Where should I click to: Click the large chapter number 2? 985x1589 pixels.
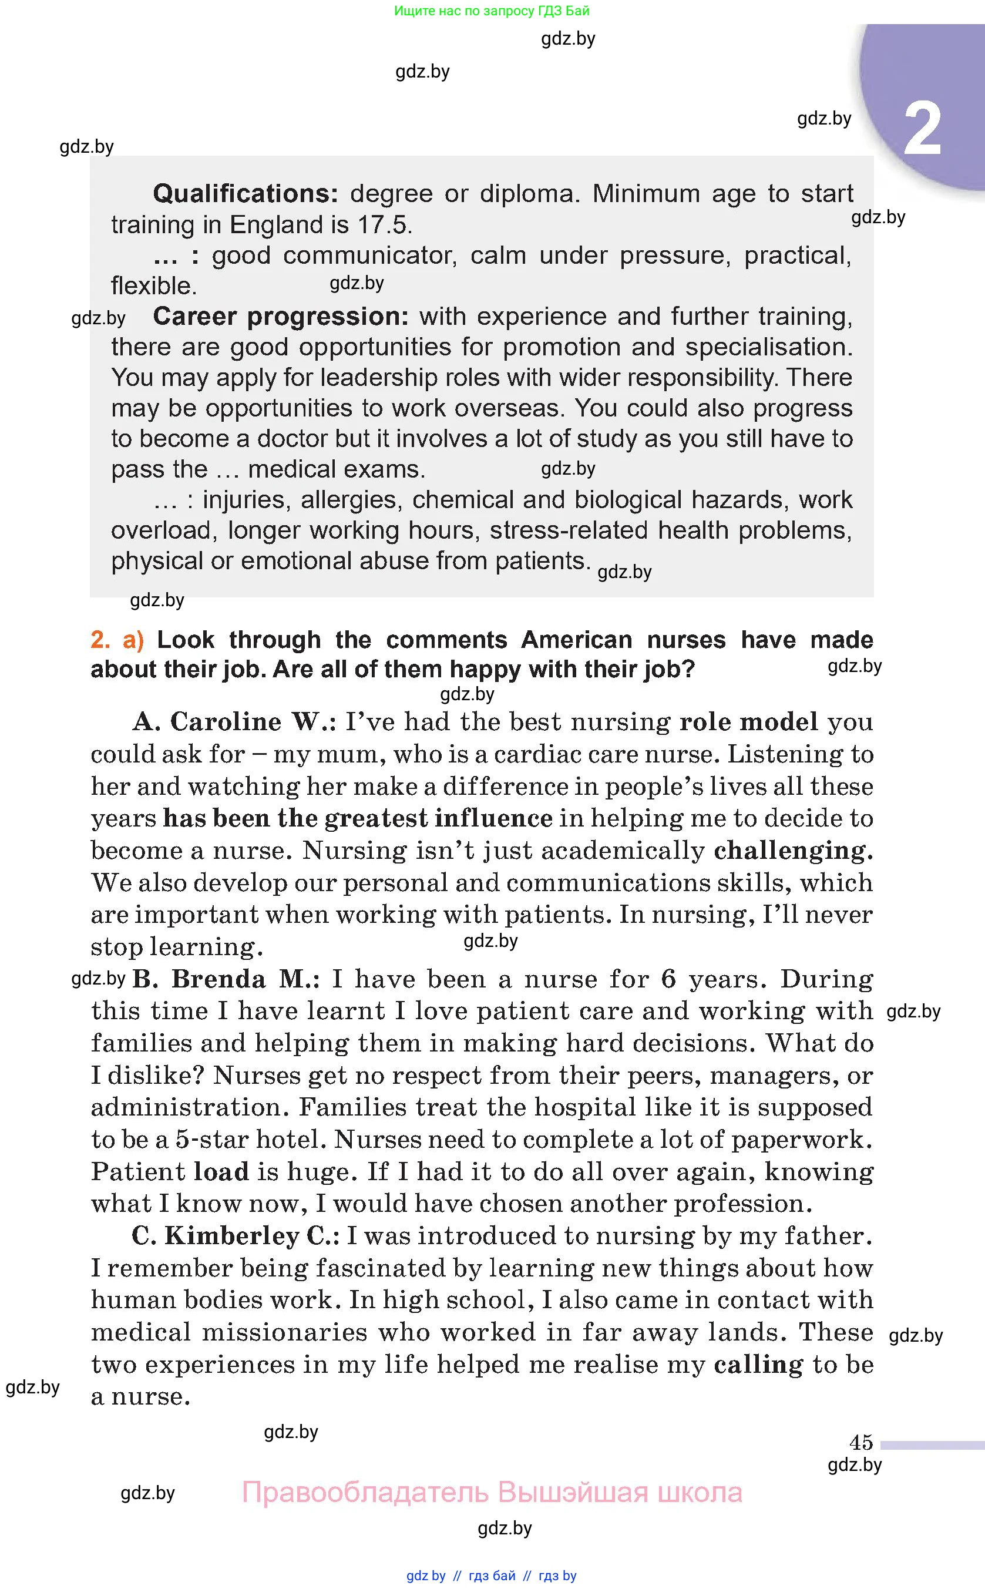(x=923, y=129)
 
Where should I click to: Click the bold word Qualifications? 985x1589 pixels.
(x=245, y=193)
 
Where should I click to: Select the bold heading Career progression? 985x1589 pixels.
(x=280, y=317)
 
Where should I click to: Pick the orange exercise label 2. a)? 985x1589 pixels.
(x=117, y=640)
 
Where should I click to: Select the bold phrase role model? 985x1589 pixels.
(x=748, y=722)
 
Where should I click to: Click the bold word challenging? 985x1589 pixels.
(x=793, y=850)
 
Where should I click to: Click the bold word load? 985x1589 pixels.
(x=221, y=1171)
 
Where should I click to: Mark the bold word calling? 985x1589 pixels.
(x=758, y=1364)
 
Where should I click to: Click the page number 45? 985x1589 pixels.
(x=860, y=1442)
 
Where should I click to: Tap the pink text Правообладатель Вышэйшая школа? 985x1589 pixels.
(x=492, y=1492)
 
